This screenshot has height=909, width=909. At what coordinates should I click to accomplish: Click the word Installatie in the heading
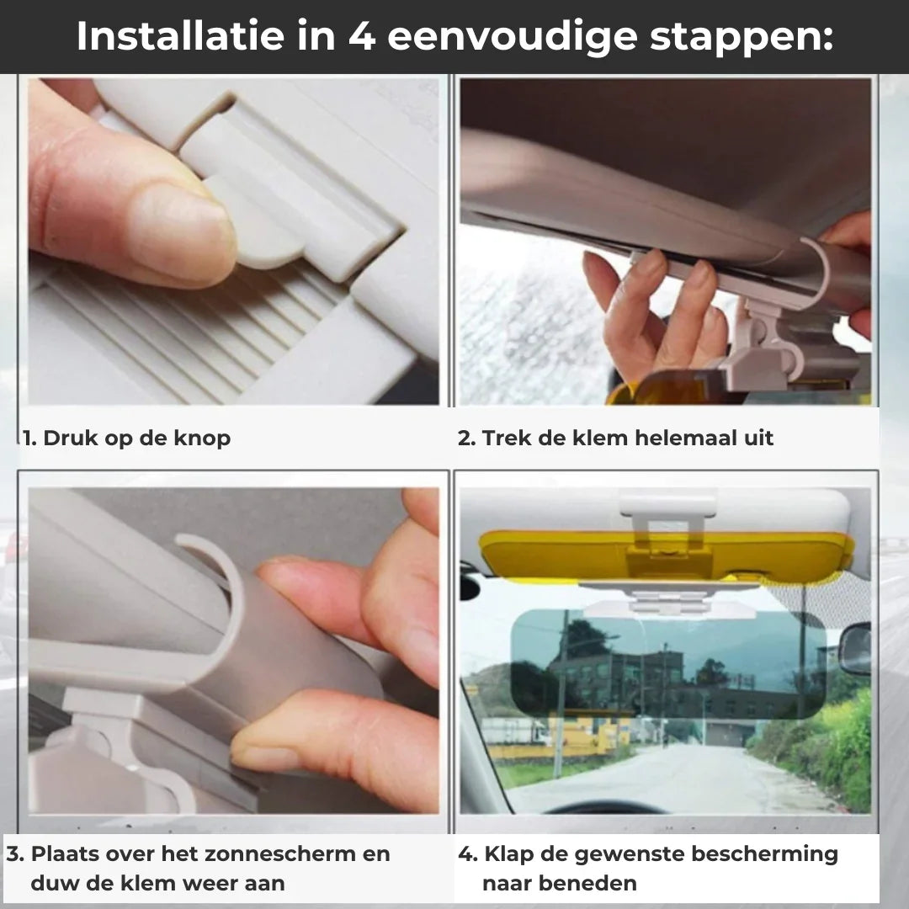180,36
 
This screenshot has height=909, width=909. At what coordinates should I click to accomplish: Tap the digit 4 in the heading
362,36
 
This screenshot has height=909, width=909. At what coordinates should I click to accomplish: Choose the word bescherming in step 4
764,854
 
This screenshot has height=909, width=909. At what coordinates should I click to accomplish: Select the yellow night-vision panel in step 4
666,555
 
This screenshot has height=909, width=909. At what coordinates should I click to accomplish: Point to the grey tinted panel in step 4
667,664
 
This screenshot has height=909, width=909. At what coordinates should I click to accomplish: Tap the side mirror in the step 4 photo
854,648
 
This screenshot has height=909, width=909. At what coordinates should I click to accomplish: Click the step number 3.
15,854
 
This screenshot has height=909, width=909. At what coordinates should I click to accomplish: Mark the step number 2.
466,439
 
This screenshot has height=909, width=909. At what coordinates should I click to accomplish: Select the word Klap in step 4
507,854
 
